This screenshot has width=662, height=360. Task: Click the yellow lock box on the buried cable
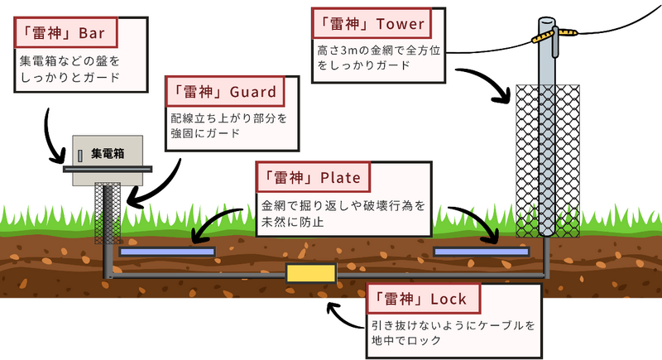pyautogui.click(x=309, y=274)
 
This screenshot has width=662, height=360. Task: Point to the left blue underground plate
pyautogui.click(x=166, y=251)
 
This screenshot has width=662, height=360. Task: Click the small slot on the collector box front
pyautogui.click(x=80, y=155)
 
